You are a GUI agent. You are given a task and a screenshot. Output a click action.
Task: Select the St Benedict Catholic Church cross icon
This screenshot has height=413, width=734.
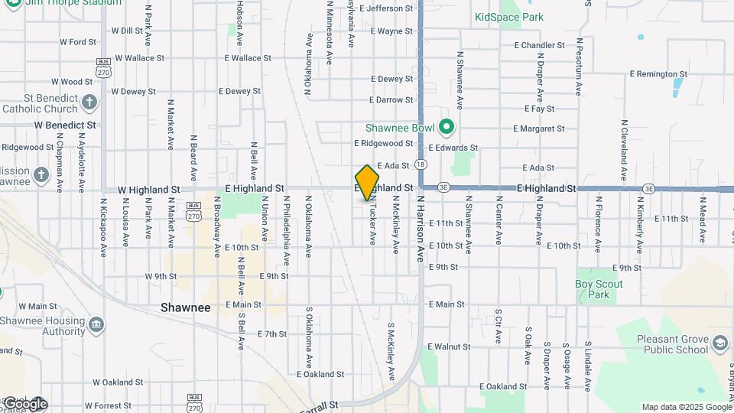point(89,102)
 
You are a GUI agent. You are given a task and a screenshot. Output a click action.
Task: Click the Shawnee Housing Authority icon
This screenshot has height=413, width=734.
point(96,326)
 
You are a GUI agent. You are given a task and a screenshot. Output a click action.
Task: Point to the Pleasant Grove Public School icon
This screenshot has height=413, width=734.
point(719,343)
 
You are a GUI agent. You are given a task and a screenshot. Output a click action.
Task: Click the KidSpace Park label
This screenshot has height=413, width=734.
point(508,17)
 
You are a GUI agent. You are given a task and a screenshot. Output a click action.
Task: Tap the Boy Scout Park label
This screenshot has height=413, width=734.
point(599,289)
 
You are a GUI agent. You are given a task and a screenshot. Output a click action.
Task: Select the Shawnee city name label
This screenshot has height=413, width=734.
point(185,307)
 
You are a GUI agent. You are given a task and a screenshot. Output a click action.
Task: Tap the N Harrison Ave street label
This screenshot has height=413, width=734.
point(420,229)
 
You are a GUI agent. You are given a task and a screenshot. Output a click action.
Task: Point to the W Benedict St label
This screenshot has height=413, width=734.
point(65,124)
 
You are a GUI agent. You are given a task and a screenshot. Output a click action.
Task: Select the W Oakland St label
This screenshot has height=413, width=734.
point(118,382)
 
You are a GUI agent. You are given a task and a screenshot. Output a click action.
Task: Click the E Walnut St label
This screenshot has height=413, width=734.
point(449,347)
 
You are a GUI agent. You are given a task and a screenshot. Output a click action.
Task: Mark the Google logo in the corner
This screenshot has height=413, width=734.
point(24,403)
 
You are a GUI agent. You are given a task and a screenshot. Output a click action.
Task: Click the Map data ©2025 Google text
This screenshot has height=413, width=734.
point(686,407)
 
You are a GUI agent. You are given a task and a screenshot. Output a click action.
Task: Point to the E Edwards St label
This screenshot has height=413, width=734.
point(453,148)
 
